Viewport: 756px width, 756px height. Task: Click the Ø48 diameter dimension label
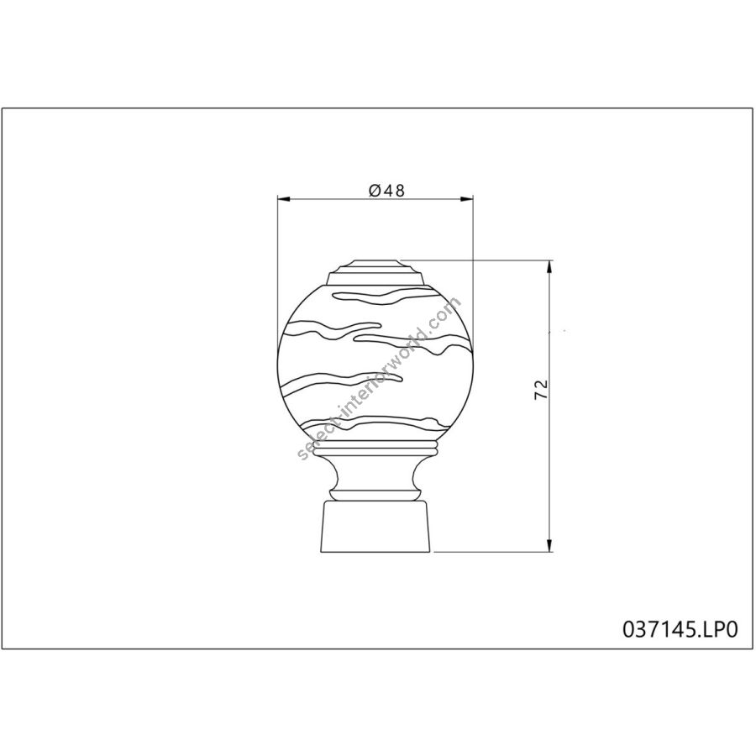(386, 191)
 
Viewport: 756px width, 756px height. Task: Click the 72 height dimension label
(542, 389)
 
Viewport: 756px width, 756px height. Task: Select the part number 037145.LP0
(680, 629)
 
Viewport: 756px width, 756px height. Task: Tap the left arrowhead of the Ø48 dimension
(284, 199)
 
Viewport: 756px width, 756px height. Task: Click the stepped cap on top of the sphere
(375, 272)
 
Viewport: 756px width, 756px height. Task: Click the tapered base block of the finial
(375, 527)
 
